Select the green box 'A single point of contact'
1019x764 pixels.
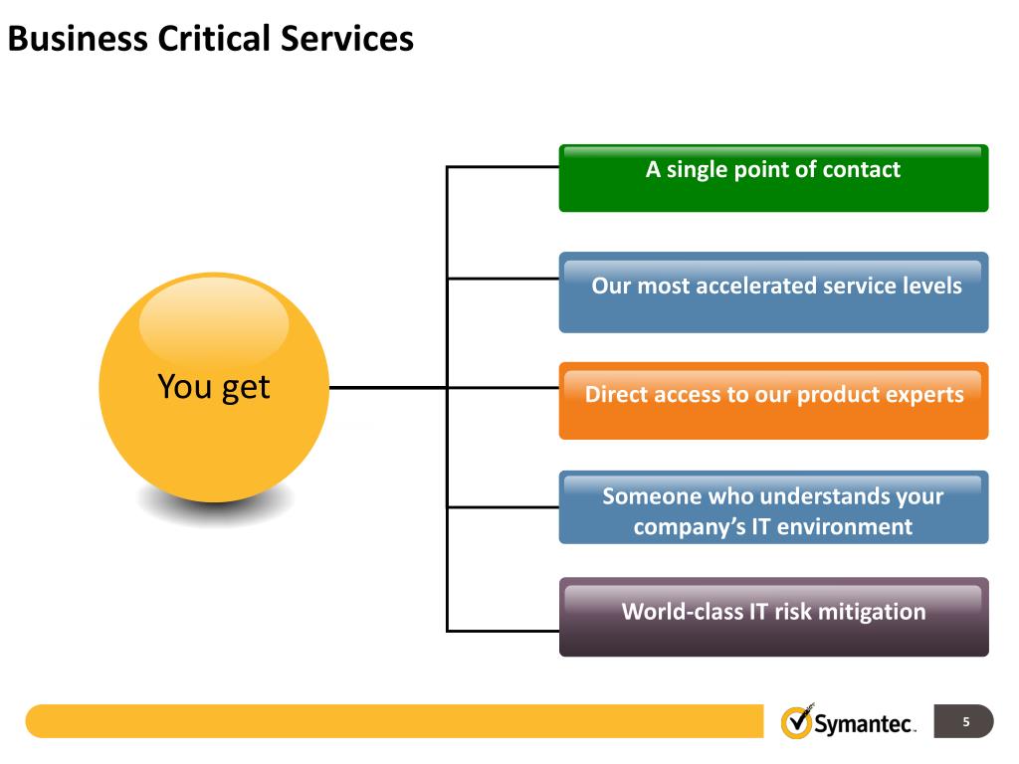point(773,178)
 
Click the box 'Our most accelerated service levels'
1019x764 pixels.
point(773,292)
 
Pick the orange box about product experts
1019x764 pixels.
point(773,401)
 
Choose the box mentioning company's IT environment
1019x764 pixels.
point(773,508)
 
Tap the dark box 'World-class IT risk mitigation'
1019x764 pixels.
point(773,617)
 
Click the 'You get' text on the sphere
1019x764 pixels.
point(214,387)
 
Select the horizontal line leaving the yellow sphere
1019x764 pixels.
point(388,387)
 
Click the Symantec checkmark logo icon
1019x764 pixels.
point(796,721)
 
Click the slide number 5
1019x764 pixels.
point(965,721)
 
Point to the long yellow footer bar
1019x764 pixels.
point(398,721)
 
